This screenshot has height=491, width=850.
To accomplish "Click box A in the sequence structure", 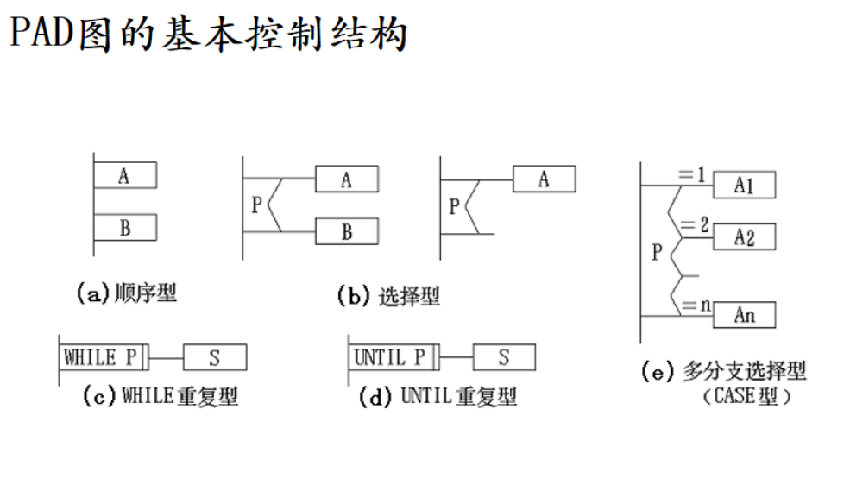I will click(124, 175).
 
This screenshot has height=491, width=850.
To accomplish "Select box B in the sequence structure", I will click(124, 228).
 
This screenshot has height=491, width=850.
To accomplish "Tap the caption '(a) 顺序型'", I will click(127, 293).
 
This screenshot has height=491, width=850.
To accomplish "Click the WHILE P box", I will click(103, 356).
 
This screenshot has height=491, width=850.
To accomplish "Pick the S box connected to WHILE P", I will click(215, 356).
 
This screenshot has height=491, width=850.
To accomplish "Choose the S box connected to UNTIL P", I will click(504, 356).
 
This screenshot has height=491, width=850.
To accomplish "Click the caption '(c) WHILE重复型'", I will click(161, 397).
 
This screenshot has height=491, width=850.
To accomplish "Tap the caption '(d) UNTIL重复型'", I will click(438, 397).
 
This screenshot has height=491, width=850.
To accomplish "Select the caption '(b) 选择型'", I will click(388, 297).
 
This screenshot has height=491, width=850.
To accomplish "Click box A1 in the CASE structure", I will click(744, 185).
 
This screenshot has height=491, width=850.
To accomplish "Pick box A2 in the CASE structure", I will click(744, 236).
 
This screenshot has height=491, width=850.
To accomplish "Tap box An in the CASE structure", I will click(744, 315).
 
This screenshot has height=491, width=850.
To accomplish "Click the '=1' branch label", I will click(692, 175).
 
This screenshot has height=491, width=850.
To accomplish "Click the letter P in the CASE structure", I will click(657, 252).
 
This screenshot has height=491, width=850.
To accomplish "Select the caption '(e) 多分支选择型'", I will click(724, 373).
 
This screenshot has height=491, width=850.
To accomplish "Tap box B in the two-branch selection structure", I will click(347, 231).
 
